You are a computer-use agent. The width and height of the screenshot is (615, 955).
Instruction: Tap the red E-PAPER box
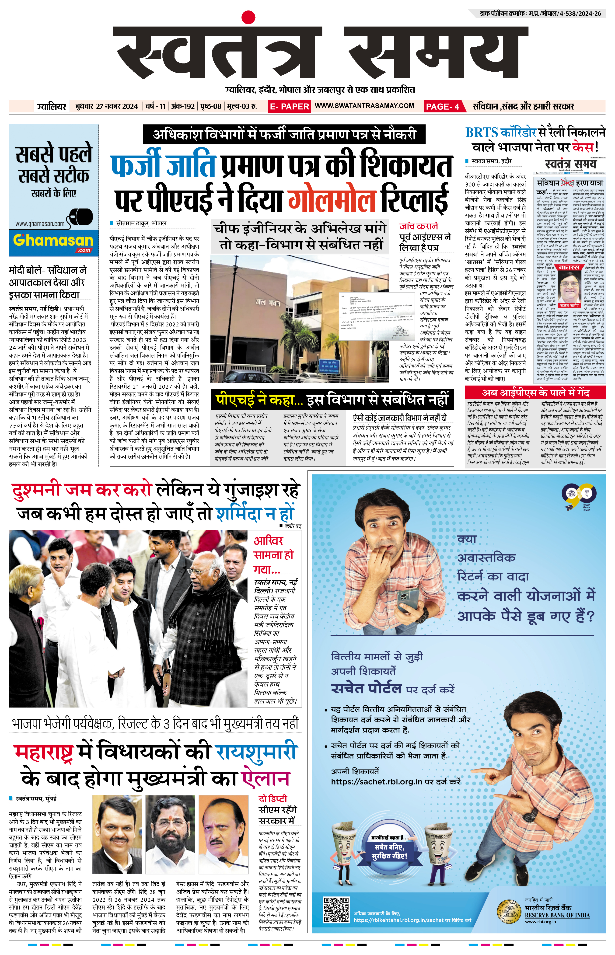pos(289,106)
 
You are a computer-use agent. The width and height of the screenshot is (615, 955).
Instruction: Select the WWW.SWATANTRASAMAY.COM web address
pos(364,106)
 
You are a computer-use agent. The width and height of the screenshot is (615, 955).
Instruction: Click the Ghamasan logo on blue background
pos(53,241)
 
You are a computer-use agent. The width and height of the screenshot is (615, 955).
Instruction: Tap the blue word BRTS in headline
pos(487,132)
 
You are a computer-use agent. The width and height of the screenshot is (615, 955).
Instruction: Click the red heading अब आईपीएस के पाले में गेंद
pos(535,392)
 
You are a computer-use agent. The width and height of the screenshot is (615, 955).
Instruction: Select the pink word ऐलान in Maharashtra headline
pos(265,779)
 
